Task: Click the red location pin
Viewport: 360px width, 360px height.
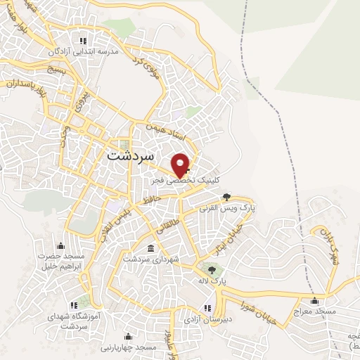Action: pos(181,165)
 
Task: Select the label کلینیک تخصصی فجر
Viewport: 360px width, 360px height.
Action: pos(184,181)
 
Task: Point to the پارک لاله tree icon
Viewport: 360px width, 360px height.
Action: pos(212,269)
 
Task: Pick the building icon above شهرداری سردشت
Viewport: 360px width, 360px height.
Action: pos(151,248)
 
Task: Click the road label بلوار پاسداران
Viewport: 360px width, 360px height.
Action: pos(25,85)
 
